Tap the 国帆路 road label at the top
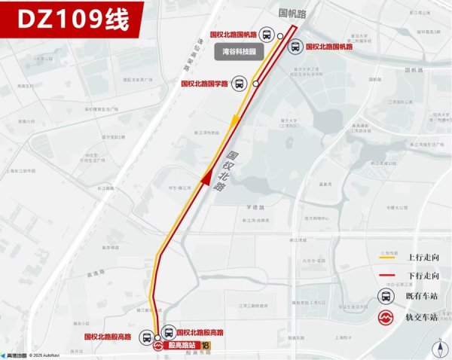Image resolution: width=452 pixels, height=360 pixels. tap(293, 13)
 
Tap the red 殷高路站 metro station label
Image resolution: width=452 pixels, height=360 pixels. tap(182, 345)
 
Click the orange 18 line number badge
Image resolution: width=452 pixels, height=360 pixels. tap(207, 345)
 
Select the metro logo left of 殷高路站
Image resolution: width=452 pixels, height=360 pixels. tap(158, 346)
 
